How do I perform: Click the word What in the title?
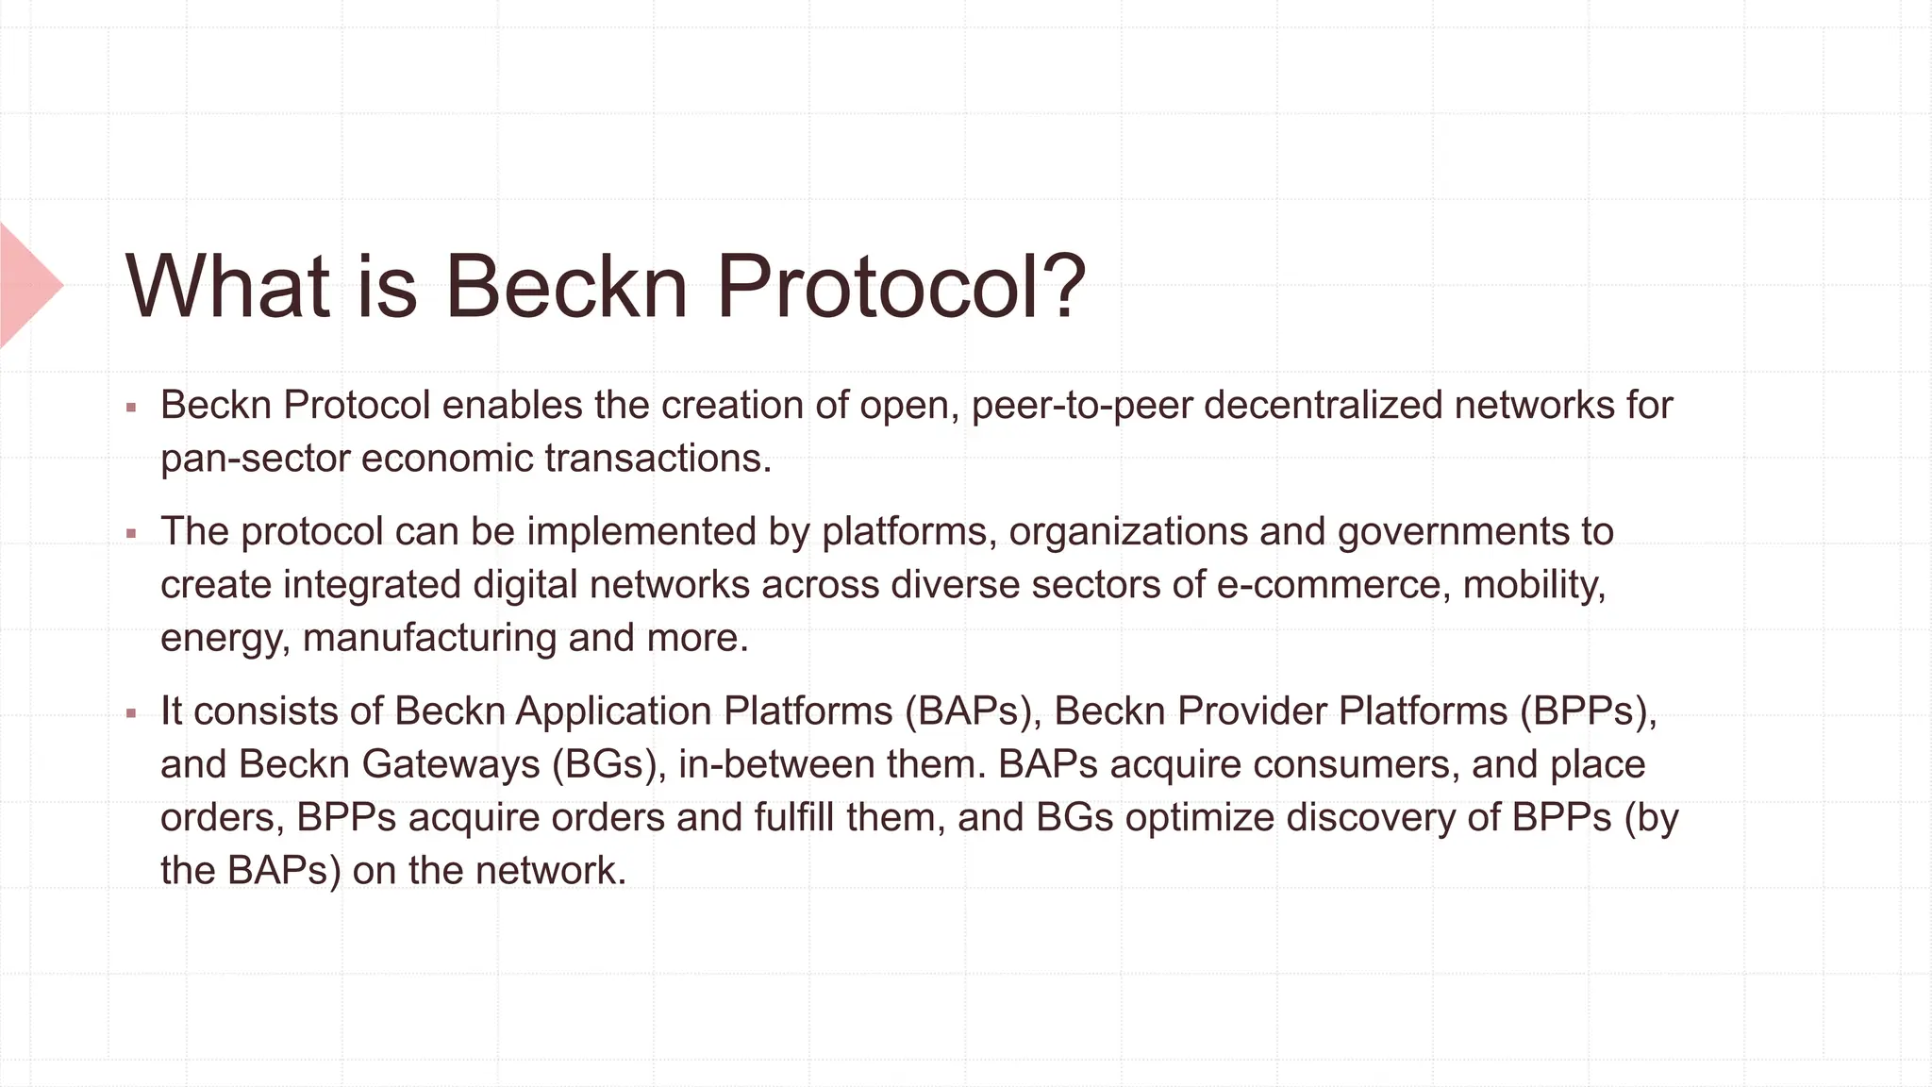pyautogui.click(x=227, y=285)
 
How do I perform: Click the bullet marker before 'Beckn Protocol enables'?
pyautogui.click(x=131, y=409)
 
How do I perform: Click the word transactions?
pyautogui.click(x=658, y=460)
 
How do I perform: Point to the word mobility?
pyautogui.click(x=1534, y=585)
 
